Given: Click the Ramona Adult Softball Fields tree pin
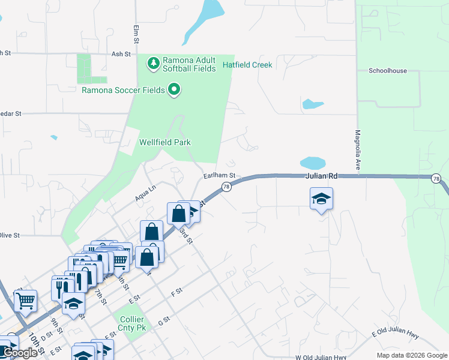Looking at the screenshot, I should pyautogui.click(x=154, y=62).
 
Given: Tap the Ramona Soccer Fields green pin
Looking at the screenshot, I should pyautogui.click(x=175, y=91).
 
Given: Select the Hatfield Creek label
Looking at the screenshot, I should pyautogui.click(x=247, y=65).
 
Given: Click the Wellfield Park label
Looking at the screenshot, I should pyautogui.click(x=164, y=142).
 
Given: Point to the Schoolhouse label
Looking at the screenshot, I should pyautogui.click(x=387, y=71).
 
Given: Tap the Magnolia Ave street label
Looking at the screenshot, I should pyautogui.click(x=357, y=149).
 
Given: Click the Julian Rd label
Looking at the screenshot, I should pyautogui.click(x=321, y=176).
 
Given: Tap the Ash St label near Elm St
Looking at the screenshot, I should pyautogui.click(x=121, y=54).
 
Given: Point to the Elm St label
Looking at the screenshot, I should pyautogui.click(x=136, y=34).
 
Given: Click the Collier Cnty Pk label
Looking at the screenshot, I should pyautogui.click(x=131, y=324).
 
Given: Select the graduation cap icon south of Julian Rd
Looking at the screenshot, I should pyautogui.click(x=321, y=199).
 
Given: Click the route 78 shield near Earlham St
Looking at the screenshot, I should pyautogui.click(x=226, y=187).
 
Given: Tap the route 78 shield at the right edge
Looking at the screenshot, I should pyautogui.click(x=436, y=178).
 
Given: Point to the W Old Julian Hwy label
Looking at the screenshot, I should pyautogui.click(x=321, y=357).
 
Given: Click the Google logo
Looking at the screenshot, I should pyautogui.click(x=20, y=353).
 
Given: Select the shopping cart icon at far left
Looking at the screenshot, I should pyautogui.click(x=25, y=301).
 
